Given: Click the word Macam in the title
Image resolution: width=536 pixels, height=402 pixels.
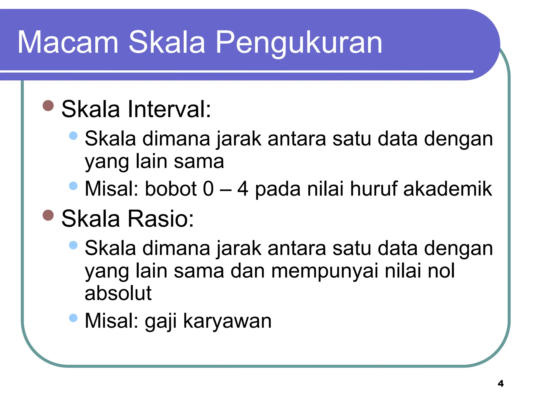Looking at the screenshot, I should point(68,42).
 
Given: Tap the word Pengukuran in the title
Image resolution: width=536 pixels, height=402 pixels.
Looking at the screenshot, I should point(299,43).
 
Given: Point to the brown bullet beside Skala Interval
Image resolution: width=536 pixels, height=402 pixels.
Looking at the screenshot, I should point(48,106).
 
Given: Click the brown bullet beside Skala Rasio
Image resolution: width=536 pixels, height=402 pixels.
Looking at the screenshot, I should point(48,215).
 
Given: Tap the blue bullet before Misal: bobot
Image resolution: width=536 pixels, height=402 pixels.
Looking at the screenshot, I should point(73,186).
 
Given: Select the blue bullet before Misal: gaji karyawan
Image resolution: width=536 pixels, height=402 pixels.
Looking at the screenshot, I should point(73,318).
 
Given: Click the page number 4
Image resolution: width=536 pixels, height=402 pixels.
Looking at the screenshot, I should point(501,383).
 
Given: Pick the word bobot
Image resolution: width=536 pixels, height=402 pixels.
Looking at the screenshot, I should point(171,189).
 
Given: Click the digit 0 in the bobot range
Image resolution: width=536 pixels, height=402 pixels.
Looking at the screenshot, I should point(208,189).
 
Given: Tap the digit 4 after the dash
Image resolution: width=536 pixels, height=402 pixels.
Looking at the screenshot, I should point(243,189).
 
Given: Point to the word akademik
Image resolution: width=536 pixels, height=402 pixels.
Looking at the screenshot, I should point(448,189).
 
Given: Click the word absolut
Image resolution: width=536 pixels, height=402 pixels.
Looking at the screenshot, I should point(118,293).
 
